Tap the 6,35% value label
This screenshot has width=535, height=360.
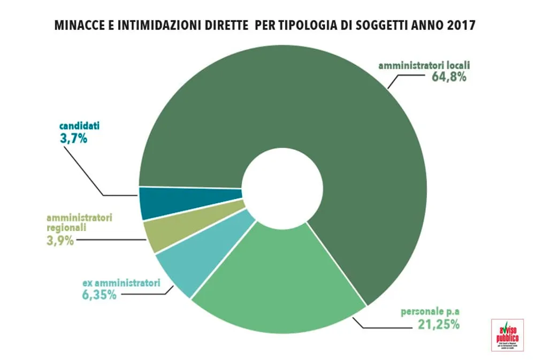[100, 294]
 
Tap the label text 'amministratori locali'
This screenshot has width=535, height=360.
[424, 66]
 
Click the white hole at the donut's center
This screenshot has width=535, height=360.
[281, 183]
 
